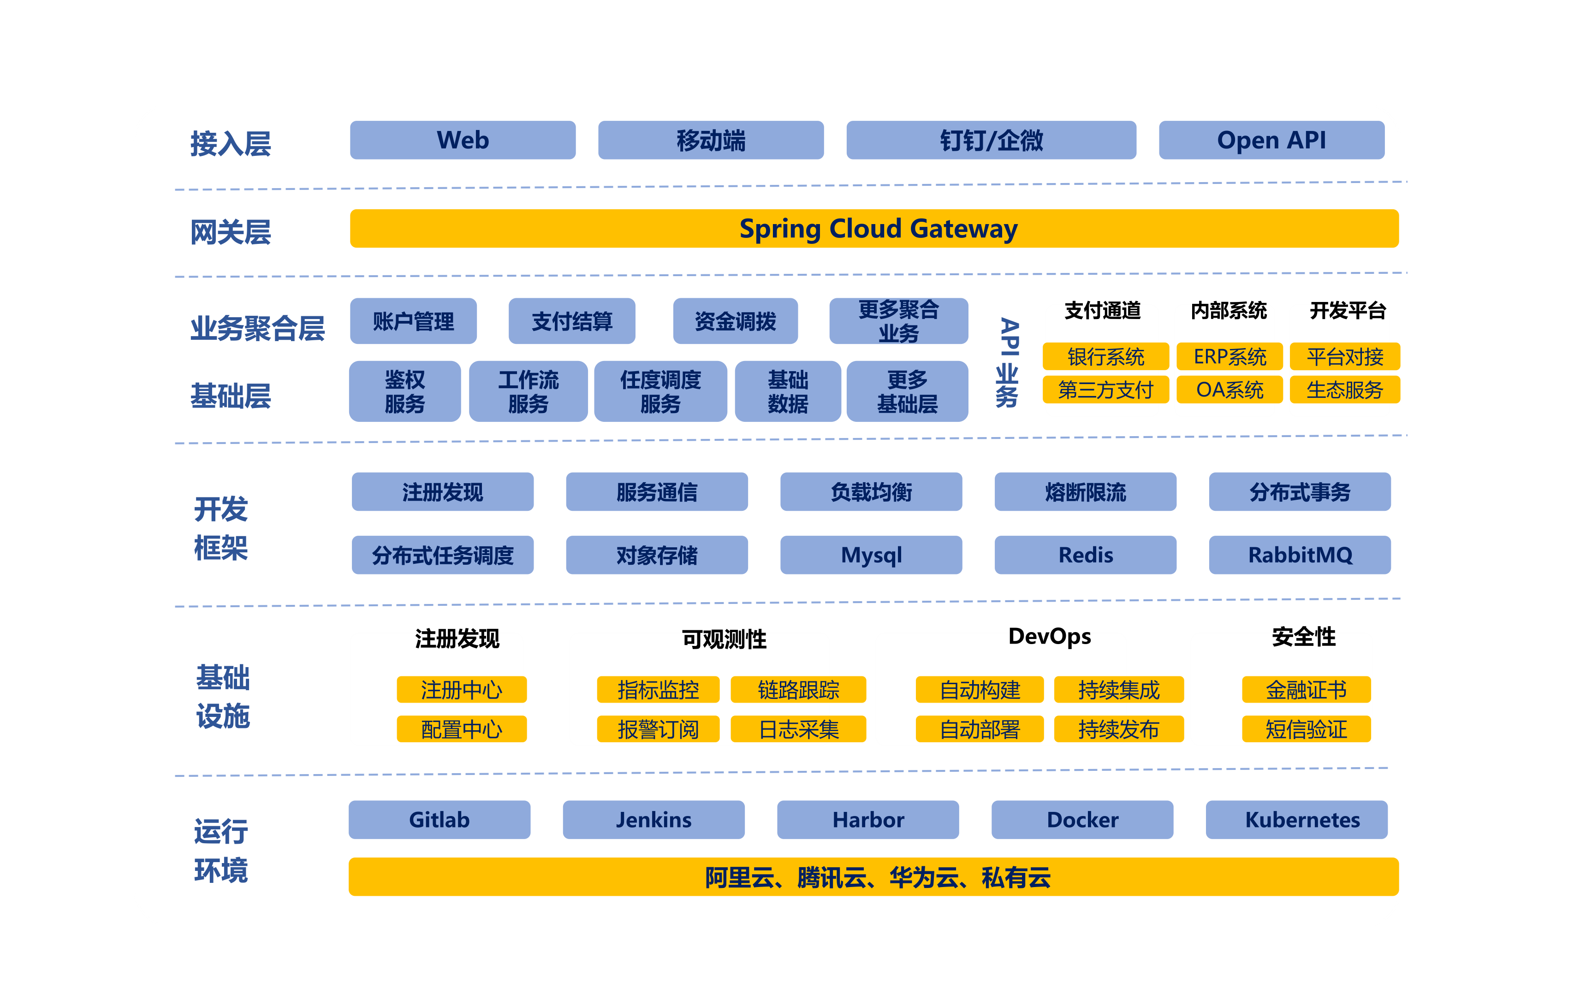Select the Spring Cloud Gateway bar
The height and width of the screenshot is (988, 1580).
coord(874,229)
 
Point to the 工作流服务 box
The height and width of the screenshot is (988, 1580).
coord(528,391)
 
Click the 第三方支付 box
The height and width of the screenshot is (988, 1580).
coord(1105,390)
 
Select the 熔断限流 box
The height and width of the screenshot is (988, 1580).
coord(1085,492)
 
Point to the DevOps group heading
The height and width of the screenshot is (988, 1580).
coord(1049,636)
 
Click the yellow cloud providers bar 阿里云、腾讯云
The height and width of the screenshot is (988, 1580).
coord(874,877)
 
